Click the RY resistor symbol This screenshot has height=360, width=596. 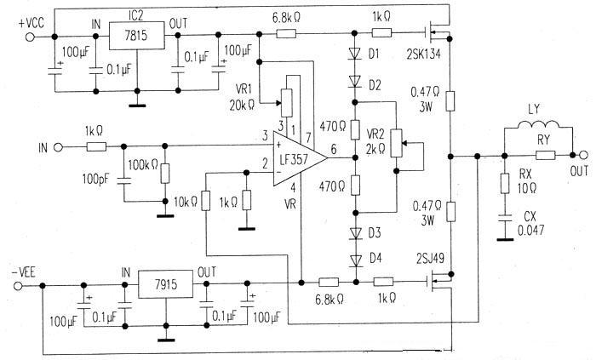pos(545,156)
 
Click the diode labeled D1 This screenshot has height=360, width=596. pos(354,54)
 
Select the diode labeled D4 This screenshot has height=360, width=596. pos(354,256)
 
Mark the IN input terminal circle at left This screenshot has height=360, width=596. pos(59,147)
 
